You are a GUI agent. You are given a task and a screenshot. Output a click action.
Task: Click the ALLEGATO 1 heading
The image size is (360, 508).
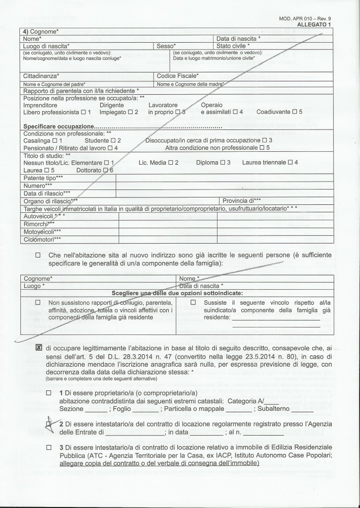click(314, 24)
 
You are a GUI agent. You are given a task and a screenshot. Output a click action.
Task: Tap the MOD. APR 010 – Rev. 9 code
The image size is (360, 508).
click(308, 18)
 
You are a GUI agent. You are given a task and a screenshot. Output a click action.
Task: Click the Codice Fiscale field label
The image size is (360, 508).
click(178, 76)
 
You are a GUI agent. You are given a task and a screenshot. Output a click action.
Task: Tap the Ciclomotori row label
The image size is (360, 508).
click(42, 240)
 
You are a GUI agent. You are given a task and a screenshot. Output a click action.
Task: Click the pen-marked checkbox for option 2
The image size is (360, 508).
click(49, 424)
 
